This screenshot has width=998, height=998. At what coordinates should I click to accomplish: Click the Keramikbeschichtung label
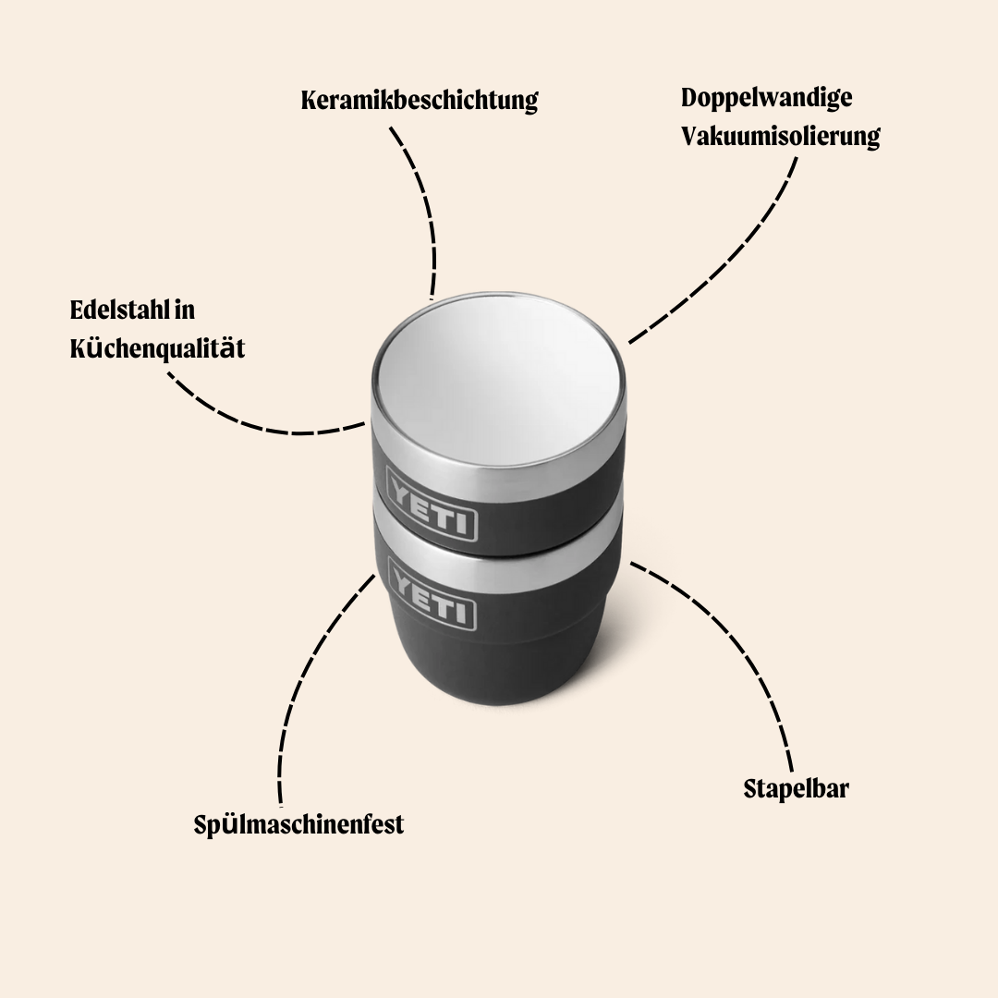point(420,101)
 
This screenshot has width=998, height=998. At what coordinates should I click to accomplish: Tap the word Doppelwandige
point(766,98)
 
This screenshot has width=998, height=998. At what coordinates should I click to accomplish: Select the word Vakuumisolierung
point(780,136)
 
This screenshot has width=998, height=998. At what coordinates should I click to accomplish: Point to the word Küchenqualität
point(157,348)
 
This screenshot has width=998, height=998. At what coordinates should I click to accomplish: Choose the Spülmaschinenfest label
point(298,825)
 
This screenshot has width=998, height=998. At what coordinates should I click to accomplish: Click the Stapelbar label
point(797,788)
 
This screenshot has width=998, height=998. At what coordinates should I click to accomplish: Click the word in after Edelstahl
point(184,310)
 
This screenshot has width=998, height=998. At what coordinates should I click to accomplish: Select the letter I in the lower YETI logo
point(467,614)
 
